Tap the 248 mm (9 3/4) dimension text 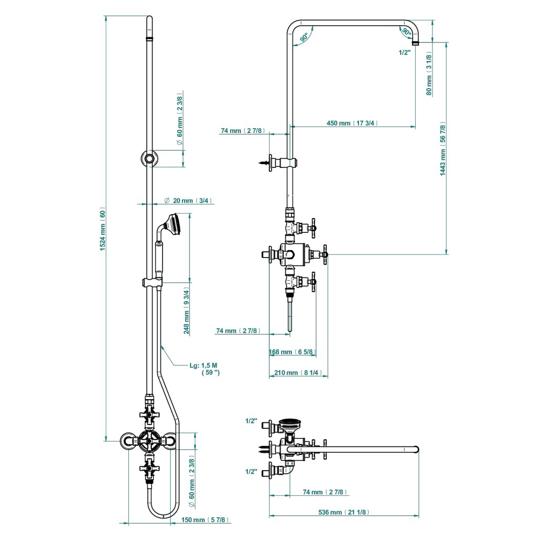pos(187,314)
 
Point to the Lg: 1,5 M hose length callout pos(204,369)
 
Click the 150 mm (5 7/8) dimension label pos(205,520)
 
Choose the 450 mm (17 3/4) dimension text pos(352,123)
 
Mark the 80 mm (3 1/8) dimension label pos(429,74)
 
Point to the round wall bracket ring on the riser pos(148,159)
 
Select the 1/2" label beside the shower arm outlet pos(405,52)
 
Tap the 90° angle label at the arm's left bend pos(304,38)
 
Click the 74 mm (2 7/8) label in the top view pos(325,492)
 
